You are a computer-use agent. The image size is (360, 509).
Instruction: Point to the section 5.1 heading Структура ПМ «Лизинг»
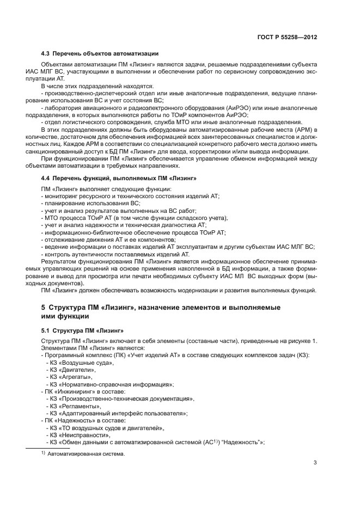(x=83, y=330)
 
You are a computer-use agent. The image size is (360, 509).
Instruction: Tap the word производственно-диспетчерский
(x=81, y=93)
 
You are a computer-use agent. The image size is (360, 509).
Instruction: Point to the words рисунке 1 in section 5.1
(x=300, y=341)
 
